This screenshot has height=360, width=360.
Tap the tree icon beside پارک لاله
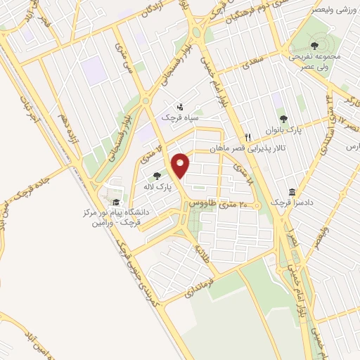click(156, 176)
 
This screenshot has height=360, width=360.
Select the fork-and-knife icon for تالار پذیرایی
click(247, 137)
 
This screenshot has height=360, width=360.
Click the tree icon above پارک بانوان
click(283, 119)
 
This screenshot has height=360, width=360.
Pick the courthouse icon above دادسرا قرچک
click(291, 192)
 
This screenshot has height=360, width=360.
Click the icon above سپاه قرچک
click(181, 108)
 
